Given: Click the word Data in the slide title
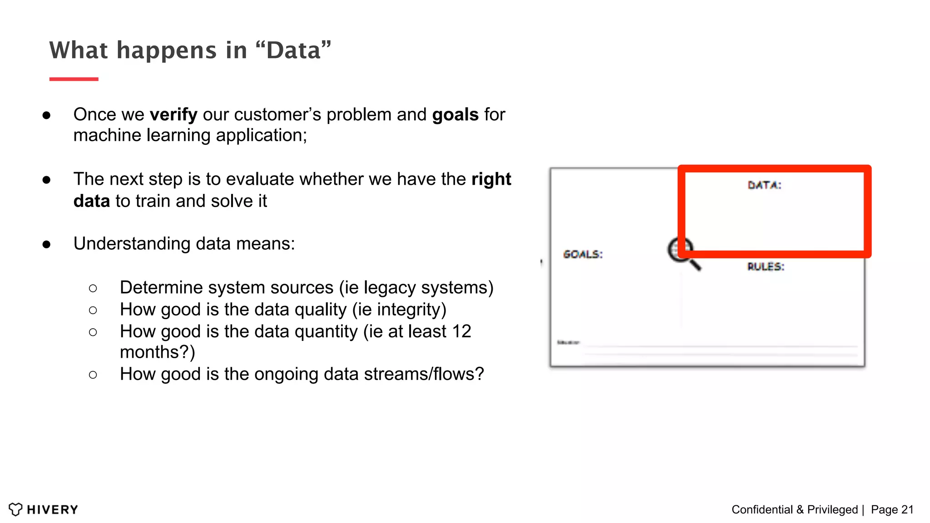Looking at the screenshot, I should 294,50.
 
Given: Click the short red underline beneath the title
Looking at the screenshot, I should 74,79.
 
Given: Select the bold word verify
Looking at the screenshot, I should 173,115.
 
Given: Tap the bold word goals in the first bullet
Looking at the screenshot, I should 455,115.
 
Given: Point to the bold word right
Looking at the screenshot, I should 491,179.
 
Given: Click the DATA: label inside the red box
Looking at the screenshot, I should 764,185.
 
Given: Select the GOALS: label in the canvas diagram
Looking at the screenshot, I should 583,254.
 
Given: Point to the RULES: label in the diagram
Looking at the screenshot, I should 766,266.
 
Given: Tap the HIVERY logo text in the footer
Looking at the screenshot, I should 52,510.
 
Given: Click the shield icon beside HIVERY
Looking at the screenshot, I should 15,509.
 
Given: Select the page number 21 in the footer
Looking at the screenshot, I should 907,510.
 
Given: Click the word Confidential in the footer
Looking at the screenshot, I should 762,510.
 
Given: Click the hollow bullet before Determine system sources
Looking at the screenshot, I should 93,288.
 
